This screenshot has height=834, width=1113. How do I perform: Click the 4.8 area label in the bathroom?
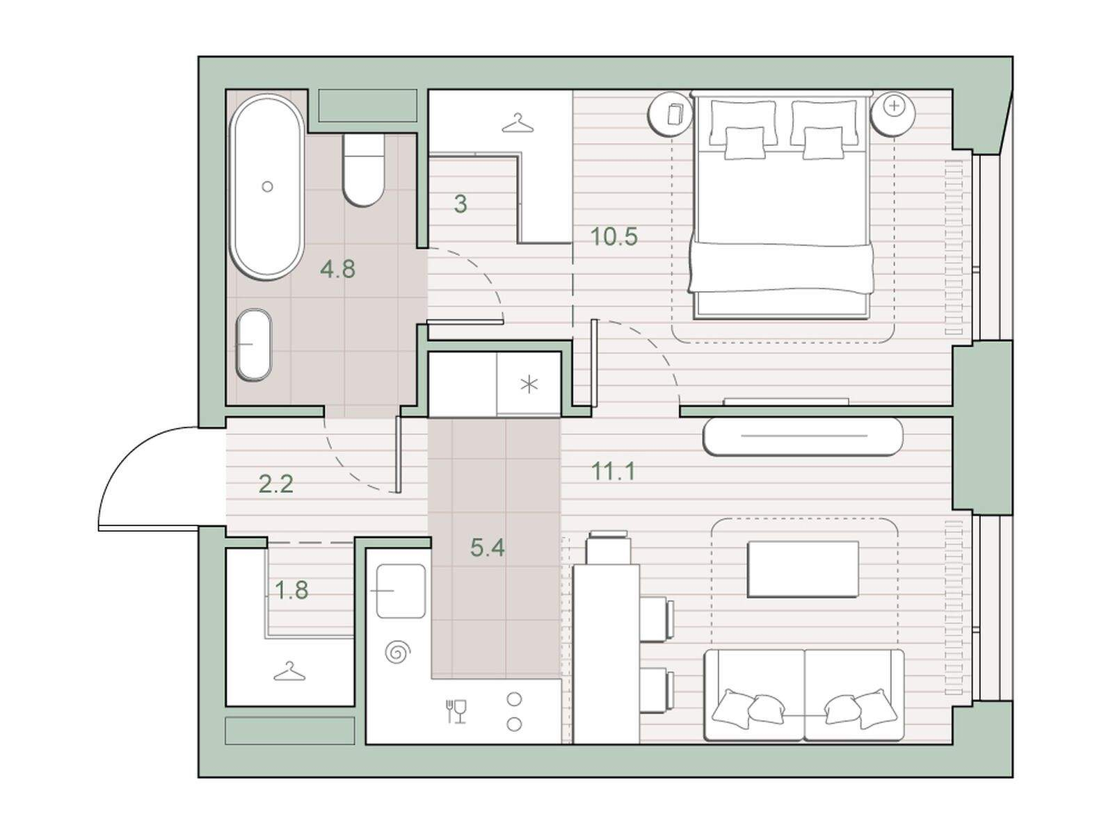pos(337,269)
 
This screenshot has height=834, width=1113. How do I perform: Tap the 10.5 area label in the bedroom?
pos(614,236)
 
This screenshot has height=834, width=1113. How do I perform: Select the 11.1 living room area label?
pos(614,472)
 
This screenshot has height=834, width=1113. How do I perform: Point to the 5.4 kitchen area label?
pos(488,548)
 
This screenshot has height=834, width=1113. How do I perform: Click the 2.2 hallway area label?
pos(276,484)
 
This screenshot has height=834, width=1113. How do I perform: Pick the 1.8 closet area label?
pos(291,590)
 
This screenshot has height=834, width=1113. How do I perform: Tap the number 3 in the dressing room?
pos(461,204)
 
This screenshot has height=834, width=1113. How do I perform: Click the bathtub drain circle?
pos(267,186)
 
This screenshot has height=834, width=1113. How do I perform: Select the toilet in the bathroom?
pos(362,169)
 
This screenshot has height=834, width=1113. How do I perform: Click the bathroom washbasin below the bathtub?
pos(255,345)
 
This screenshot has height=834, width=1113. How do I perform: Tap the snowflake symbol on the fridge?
pos(529,385)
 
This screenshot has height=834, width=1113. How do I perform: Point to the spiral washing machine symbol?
pos(397,652)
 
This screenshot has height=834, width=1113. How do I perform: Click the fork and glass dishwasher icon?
pos(456,712)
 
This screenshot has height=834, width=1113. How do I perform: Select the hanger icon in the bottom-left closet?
pos(289,671)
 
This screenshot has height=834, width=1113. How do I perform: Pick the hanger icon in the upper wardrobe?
pos(518,123)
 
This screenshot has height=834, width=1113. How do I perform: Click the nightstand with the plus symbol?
pos(893,114)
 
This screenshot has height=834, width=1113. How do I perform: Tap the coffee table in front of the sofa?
pos(803,569)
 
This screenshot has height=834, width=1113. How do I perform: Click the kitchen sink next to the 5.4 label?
pos(401,591)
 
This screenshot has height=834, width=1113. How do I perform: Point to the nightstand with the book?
pos(671,114)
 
